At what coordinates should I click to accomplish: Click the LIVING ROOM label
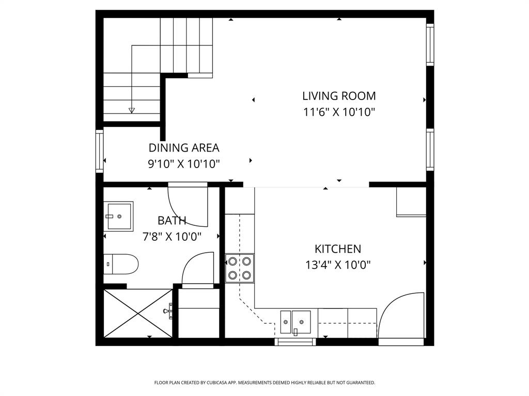pos(339,96)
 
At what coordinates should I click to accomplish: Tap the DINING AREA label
pos(184,148)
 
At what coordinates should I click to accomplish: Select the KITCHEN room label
pos(338,249)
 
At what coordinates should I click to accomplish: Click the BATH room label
pos(172,221)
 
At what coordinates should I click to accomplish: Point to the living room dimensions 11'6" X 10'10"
pos(339,112)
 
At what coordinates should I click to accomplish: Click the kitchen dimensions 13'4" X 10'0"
pos(338,266)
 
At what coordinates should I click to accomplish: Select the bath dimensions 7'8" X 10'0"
pos(172,237)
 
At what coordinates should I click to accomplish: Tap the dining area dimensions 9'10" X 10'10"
pos(184,164)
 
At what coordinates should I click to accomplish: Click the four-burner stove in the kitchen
pos(240,268)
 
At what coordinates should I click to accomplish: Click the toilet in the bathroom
pos(121,265)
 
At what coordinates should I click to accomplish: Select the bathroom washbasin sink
pos(119,216)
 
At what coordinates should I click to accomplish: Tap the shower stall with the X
pos(137,313)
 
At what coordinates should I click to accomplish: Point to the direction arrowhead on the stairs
pos(132,110)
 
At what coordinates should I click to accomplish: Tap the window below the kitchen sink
pos(295,341)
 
